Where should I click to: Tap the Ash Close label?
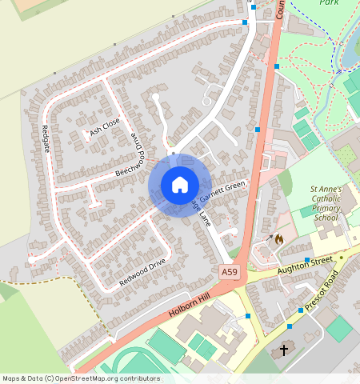[104, 126]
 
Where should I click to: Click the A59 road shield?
[230, 273]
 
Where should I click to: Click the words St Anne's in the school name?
[326, 190]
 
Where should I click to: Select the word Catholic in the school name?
[326, 198]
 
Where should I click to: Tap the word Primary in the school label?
[326, 208]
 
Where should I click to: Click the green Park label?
[329, 3]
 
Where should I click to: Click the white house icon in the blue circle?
[180, 185]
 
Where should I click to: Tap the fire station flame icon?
[278, 238]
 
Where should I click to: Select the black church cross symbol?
[283, 350]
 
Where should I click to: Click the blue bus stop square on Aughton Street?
[306, 259]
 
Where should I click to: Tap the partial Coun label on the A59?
[281, 9]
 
